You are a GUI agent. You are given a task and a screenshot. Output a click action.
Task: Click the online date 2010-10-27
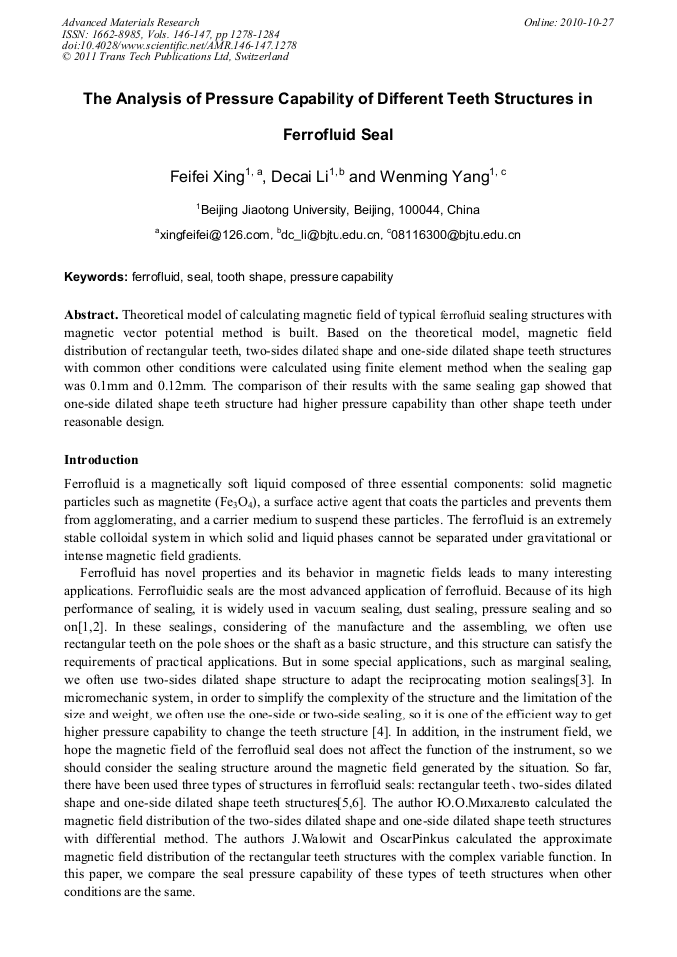pyautogui.click(x=588, y=22)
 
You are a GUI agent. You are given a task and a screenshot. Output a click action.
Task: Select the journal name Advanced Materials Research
pyautogui.click(x=130, y=22)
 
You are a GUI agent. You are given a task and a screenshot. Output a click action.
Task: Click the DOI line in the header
pyautogui.click(x=179, y=45)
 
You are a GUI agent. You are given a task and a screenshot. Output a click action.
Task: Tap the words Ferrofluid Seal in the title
pyautogui.click(x=338, y=134)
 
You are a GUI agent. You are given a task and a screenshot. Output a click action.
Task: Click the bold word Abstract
pyautogui.click(x=91, y=315)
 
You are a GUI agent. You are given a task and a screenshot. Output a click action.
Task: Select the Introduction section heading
pyautogui.click(x=101, y=460)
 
